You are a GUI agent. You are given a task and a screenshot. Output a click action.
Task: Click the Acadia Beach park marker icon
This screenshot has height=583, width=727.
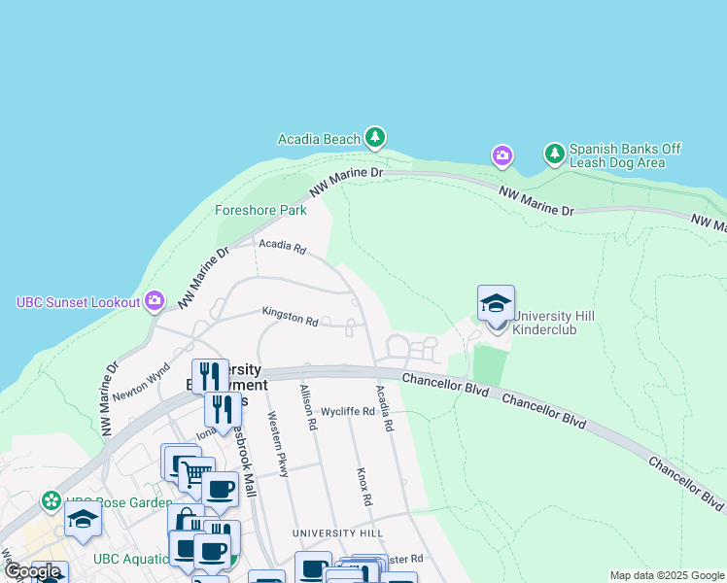pyautogui.click(x=375, y=139)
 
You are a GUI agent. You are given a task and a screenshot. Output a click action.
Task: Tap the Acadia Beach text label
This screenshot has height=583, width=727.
pyautogui.click(x=320, y=139)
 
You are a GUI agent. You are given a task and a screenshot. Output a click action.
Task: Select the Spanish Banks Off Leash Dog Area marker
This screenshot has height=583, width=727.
pyautogui.click(x=554, y=154)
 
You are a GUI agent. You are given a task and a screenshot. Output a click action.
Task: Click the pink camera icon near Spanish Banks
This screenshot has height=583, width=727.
pyautogui.click(x=502, y=155)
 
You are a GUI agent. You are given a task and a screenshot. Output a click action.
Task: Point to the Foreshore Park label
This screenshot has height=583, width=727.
pyautogui.click(x=260, y=210)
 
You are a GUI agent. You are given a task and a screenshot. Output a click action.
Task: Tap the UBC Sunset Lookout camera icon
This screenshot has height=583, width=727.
pyautogui.click(x=155, y=301)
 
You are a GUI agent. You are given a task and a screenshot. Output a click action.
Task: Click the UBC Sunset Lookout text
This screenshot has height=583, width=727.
pyautogui.click(x=79, y=302)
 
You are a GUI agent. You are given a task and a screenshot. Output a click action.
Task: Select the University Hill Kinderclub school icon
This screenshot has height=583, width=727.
pyautogui.click(x=496, y=304)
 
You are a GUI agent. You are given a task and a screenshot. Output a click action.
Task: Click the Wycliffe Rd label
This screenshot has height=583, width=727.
pyautogui.click(x=347, y=411)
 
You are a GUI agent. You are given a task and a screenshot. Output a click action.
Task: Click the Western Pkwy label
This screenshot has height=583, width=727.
pyautogui.click(x=278, y=444)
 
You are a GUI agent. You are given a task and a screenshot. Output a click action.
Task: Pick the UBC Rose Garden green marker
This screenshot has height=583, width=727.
pyautogui.click(x=50, y=501)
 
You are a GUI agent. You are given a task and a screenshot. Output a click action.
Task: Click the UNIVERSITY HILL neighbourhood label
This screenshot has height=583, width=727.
pyautogui.click(x=338, y=534)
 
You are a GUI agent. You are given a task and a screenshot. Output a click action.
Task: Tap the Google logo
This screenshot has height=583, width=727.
pyautogui.click(x=32, y=571)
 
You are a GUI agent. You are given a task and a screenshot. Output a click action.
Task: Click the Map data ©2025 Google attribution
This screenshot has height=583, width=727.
pyautogui.click(x=666, y=575)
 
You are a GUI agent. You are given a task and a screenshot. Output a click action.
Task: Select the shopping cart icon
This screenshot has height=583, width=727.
pyautogui.click(x=197, y=475)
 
